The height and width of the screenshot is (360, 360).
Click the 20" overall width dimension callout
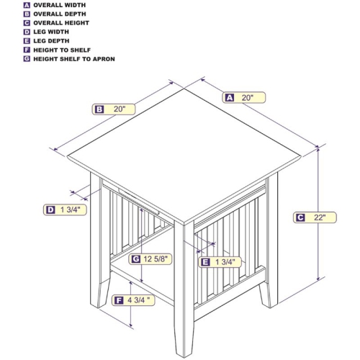pos(244,98)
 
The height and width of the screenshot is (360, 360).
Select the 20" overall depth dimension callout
pos(114,109)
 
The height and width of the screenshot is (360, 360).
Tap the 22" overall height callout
pos(315,217)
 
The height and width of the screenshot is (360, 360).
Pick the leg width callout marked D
pos(65,210)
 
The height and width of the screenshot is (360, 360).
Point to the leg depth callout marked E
pos(220,262)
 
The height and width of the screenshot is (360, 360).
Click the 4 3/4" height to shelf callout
pos(133,300)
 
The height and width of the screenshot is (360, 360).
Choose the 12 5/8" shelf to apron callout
pos(150,259)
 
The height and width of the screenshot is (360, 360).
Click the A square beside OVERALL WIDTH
pos(27,5)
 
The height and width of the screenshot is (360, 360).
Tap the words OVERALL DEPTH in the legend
pos(60,14)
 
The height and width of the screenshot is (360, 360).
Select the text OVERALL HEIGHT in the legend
pos(61,23)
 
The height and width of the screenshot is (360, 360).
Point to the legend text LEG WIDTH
pos(51,32)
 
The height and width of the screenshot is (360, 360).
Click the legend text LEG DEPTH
pos(51,41)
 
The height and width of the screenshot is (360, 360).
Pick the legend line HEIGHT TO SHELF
pos(62,50)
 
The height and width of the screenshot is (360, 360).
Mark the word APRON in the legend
pos(104,59)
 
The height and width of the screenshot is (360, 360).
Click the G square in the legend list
pos(27,59)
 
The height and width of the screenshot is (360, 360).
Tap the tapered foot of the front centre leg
pos(184,340)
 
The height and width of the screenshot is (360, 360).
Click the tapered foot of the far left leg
pos(100,294)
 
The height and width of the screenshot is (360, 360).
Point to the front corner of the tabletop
pos(184,225)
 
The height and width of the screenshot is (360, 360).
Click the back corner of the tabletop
pos(184,89)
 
